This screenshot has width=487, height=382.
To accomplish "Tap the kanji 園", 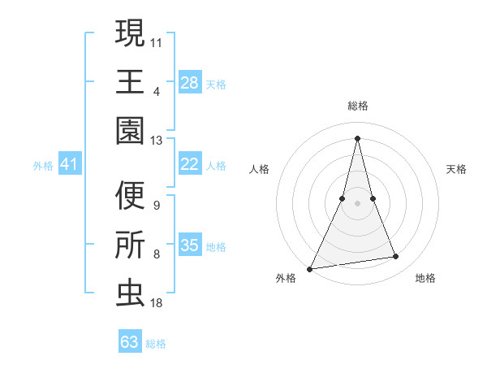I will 130,129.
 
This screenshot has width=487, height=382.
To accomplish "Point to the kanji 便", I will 130,196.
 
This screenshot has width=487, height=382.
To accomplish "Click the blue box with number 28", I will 190,82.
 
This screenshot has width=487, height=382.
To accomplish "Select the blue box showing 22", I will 190,164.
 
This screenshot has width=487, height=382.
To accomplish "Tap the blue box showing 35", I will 190,245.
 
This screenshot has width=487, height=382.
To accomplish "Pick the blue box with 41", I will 69,164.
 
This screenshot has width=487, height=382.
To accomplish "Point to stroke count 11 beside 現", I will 157,41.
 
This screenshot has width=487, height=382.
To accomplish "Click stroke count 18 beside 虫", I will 157,302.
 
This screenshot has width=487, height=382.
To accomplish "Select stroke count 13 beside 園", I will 157,140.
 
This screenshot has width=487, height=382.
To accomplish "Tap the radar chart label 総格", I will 358,106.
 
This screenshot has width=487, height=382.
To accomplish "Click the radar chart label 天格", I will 457,169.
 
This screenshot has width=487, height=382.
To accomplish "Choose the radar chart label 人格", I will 260,169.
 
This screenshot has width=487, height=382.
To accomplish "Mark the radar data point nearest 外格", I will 310,268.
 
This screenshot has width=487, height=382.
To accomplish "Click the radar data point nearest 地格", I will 396,257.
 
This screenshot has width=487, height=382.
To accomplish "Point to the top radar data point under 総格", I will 358,138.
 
